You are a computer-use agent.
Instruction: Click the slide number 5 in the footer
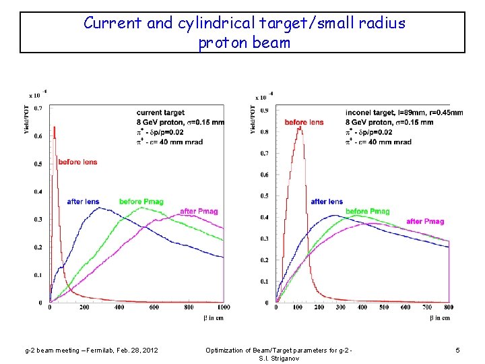pos(457,350)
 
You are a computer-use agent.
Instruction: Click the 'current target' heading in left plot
pos(160,112)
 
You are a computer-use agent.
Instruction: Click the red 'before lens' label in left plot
pos(77,162)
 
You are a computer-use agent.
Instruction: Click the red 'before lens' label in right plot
pos(304,122)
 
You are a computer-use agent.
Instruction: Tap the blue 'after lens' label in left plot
pos(83,202)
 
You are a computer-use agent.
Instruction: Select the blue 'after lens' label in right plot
pos(327,202)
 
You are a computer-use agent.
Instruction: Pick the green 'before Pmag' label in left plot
pos(141,202)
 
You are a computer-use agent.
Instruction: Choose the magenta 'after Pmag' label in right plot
pos(425,221)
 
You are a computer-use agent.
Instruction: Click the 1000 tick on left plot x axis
pos(223,307)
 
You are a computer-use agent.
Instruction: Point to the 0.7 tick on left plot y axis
pos(38,108)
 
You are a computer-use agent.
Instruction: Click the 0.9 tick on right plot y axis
pos(265,110)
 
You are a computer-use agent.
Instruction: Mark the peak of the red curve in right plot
pos(299,128)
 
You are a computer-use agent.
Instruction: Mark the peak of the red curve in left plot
pos(54,127)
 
